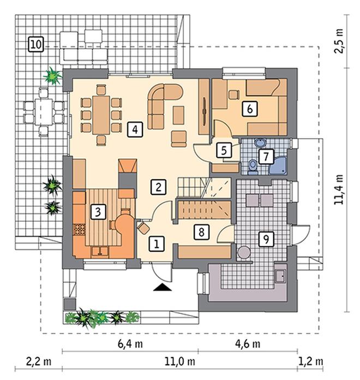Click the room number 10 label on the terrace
(36, 44)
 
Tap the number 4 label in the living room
(135, 129)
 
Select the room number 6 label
(250, 109)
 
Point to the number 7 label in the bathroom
(266, 156)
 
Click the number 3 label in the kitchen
(98, 212)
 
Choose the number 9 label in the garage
(266, 239)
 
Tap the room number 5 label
(224, 150)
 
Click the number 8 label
(201, 232)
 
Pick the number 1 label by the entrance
(157, 244)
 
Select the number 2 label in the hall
(158, 187)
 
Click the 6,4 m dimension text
(130, 344)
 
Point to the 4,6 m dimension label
(248, 344)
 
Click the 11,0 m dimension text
(180, 362)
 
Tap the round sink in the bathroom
(260, 143)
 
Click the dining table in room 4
(101, 115)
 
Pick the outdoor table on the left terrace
(44, 112)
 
